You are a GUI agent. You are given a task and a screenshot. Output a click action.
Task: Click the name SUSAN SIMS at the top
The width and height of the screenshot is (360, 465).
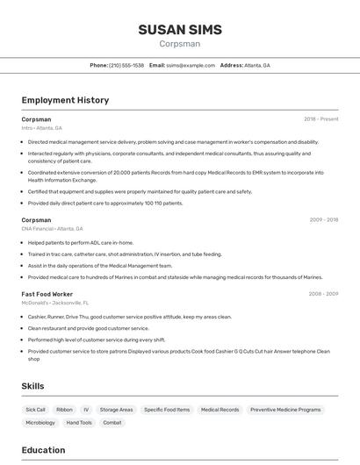[x=179, y=29]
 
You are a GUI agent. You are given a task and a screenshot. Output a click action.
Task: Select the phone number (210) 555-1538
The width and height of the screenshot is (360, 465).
[x=126, y=65]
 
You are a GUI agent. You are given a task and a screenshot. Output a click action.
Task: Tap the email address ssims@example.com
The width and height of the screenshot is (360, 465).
[x=191, y=65]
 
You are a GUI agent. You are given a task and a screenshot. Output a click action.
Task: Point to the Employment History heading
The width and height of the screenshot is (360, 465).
[x=65, y=100]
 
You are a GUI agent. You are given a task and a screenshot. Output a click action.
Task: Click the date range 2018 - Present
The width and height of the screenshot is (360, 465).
[x=320, y=118]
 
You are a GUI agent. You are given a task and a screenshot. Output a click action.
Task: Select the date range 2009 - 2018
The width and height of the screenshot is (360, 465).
[x=322, y=220]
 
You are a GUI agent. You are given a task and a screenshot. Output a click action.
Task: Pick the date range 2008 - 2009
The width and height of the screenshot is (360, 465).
[x=322, y=294]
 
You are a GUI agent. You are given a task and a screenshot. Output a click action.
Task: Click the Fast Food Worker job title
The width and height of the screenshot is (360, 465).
[x=47, y=294]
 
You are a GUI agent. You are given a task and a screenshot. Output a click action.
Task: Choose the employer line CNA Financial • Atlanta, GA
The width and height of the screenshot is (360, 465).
[x=53, y=229]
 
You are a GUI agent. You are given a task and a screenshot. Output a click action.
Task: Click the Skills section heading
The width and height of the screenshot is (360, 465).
[x=33, y=386]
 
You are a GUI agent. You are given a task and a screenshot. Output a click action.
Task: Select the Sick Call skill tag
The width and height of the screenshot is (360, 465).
[x=35, y=410]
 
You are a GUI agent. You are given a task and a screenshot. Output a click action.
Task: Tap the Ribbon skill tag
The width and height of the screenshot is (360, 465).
[x=64, y=410]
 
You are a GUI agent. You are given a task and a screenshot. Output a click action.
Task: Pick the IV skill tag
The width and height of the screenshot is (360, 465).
[x=86, y=410]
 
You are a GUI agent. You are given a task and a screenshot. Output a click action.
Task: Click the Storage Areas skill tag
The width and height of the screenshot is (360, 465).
[x=116, y=410]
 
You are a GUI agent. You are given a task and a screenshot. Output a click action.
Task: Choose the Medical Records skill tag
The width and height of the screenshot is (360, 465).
[x=220, y=410]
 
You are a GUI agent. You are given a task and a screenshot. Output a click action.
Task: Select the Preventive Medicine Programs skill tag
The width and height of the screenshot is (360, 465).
[x=285, y=410]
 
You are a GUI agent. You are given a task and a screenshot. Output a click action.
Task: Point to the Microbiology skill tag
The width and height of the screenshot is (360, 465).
[x=40, y=423]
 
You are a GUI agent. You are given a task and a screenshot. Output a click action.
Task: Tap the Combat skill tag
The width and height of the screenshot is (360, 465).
[x=112, y=423]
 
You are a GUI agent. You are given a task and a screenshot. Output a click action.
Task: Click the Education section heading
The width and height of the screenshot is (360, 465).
[x=43, y=450]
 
